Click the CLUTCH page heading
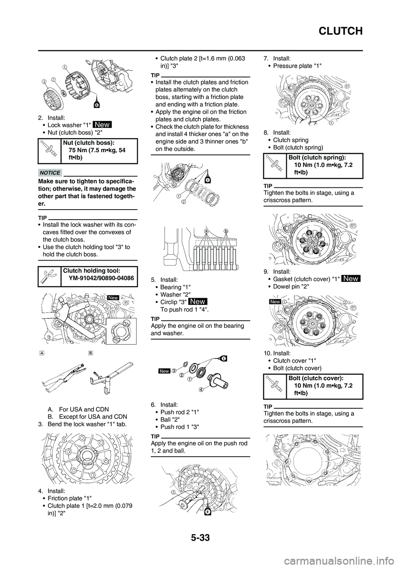(x=341, y=31)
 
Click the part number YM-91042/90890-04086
(x=101, y=278)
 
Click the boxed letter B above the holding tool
(x=91, y=353)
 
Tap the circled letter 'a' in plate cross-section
(x=206, y=231)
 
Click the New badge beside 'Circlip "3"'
(x=198, y=302)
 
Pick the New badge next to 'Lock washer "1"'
(x=102, y=124)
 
